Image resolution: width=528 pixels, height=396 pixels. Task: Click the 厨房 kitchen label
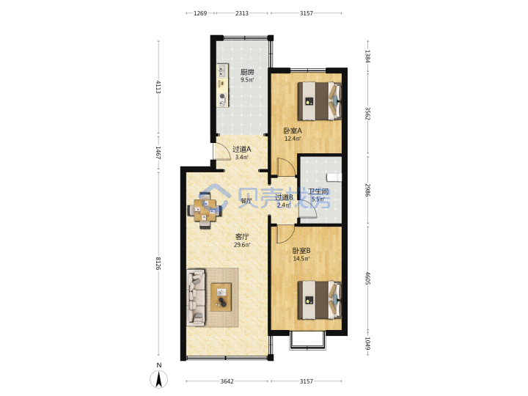(247, 72)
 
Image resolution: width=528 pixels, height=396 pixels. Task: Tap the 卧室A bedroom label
(293, 131)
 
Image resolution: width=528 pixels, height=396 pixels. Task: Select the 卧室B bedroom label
(301, 251)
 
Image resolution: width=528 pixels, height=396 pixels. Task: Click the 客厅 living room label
(242, 237)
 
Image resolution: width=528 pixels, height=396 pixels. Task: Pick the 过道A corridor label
(242, 149)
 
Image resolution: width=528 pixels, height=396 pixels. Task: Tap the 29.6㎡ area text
(242, 245)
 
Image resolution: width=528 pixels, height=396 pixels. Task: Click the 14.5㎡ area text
(301, 259)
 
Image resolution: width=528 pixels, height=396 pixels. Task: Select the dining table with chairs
(205, 210)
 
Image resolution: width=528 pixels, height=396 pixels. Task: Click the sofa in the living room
(196, 297)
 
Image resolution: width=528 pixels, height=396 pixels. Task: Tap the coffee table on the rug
(221, 297)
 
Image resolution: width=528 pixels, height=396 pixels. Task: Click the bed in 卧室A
(319, 101)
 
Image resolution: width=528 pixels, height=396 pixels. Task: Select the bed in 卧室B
(319, 300)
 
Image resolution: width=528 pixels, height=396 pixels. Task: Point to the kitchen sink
(222, 70)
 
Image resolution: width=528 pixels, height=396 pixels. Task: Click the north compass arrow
(159, 378)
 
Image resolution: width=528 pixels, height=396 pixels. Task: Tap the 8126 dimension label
(158, 263)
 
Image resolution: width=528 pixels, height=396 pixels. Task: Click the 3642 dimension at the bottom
(227, 381)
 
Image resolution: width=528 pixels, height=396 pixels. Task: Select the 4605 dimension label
(367, 278)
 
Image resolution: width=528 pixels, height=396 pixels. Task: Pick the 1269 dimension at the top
(200, 13)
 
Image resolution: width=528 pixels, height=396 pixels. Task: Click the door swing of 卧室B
(285, 234)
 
